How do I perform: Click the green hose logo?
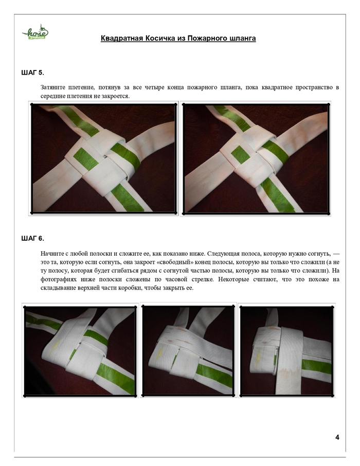pos(35,32)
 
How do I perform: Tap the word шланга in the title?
pos(243,39)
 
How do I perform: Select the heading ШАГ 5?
pos(33,73)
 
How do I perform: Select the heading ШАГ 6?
pos(33,238)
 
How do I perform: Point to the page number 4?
pos(337,437)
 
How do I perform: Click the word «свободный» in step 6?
pos(172,262)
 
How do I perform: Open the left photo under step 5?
pos(103,158)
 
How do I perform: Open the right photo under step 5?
pos(256,159)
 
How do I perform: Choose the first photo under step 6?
pos(80,350)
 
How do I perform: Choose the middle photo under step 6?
pos(188,350)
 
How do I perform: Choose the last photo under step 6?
pos(286,351)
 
